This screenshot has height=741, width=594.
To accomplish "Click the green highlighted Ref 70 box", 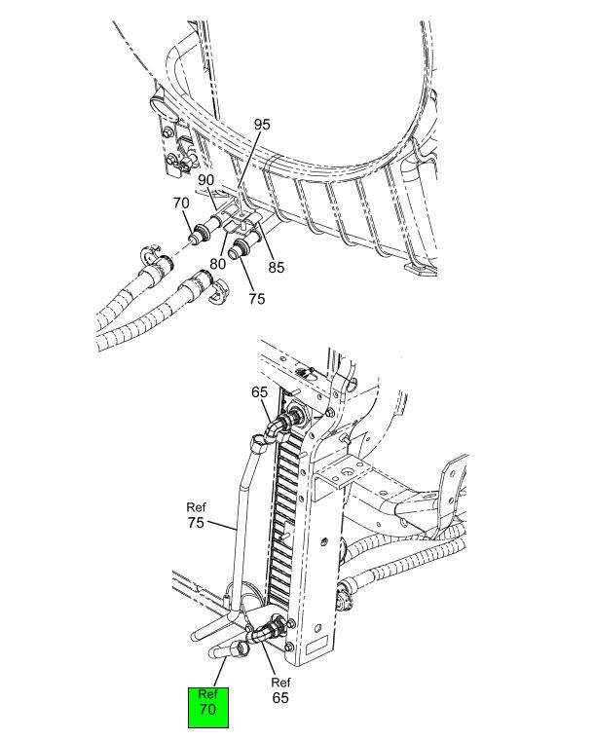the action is pyautogui.click(x=208, y=708).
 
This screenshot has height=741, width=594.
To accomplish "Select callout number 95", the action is pyautogui.click(x=262, y=125).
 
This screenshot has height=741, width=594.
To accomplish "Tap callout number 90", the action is pyautogui.click(x=206, y=180).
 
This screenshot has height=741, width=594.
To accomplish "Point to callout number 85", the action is pyautogui.click(x=277, y=268).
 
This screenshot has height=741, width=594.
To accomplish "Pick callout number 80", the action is pyautogui.click(x=217, y=264).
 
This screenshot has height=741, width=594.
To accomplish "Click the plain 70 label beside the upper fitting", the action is pyautogui.click(x=181, y=204).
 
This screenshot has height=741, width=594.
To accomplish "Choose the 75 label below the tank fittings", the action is pyautogui.click(x=257, y=299).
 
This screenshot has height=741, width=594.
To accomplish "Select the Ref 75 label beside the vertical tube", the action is pyautogui.click(x=196, y=515).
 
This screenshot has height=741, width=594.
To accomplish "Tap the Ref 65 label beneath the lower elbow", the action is pyautogui.click(x=280, y=690).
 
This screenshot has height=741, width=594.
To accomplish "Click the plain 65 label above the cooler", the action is pyautogui.click(x=259, y=392).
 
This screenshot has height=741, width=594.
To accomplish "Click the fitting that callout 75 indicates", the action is pyautogui.click(x=244, y=244).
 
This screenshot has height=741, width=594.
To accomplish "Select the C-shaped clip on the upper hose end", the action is pyautogui.click(x=151, y=254).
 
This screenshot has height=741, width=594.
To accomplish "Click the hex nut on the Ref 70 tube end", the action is pyautogui.click(x=241, y=648).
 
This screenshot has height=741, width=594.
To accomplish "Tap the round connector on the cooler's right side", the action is pyautogui.click(x=344, y=595).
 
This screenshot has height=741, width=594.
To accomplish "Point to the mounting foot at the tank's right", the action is pyautogui.click(x=420, y=270).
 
